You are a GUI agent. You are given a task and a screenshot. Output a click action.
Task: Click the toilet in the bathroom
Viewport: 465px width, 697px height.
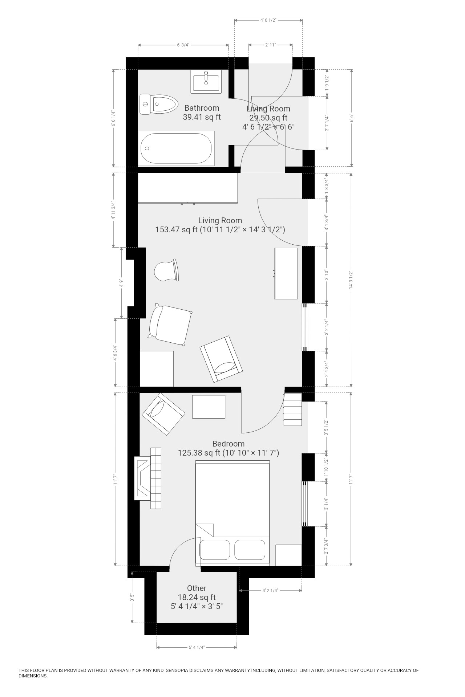point(158,104)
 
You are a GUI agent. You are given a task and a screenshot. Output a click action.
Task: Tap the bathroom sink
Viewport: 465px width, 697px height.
point(206,82)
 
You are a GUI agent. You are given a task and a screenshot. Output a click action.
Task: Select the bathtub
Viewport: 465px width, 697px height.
point(176,148)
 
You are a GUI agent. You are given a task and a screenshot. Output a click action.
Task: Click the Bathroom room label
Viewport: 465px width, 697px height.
point(202,108)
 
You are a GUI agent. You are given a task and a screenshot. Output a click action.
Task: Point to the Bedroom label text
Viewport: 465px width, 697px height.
point(228,444)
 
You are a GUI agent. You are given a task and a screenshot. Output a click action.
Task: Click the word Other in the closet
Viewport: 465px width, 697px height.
point(197,588)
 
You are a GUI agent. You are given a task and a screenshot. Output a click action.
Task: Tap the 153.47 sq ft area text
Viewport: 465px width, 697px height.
point(176,229)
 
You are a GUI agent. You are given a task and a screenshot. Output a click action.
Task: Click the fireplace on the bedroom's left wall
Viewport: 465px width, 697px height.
point(143,478)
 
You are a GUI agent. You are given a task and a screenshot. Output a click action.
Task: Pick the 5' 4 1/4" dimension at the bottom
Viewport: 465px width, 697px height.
point(197,647)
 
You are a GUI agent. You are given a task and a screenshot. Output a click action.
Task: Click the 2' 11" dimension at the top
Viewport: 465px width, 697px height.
point(270,45)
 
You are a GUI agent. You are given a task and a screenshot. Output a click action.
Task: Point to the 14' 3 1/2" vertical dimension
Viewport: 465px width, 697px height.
point(351,280)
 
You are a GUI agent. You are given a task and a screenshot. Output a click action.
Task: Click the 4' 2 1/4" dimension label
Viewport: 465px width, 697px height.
point(270,591)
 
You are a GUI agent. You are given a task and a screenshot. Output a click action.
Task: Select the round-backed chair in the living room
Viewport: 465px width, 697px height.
point(166,270)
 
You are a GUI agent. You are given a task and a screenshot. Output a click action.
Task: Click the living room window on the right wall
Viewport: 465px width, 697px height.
point(305,327)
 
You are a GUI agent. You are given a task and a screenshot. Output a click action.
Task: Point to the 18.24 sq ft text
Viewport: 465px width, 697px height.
point(197,597)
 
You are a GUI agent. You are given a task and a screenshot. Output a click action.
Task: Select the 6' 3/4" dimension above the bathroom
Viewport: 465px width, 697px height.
point(183,45)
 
